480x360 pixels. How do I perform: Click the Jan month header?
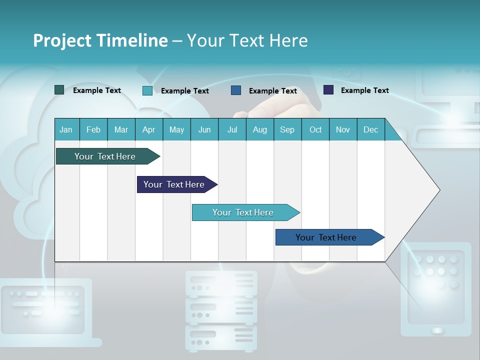click(66, 130)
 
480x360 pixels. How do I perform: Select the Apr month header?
click(149, 130)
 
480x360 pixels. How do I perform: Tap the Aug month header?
click(260, 130)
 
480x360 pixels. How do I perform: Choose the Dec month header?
click(371, 130)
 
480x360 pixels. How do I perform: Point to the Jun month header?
click(204, 130)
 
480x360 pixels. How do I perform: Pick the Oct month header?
click(315, 130)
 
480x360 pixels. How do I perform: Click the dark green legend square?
click(59, 90)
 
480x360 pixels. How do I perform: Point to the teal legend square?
click(147, 90)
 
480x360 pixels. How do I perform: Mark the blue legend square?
click(236, 90)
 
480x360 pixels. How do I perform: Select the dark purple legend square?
click(328, 90)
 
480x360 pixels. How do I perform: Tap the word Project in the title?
click(61, 40)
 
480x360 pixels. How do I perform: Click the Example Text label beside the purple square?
click(365, 90)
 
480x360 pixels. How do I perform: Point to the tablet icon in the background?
click(435, 289)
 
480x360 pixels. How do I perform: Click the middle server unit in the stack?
click(221, 310)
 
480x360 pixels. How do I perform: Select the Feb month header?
click(93, 130)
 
